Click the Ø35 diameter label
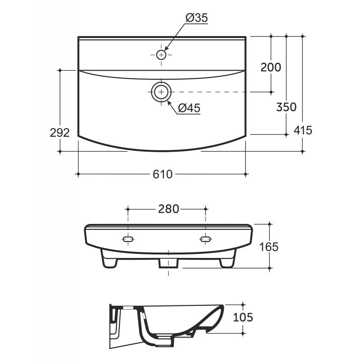click(x=197, y=18)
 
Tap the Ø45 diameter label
click(x=189, y=108)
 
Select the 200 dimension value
click(x=271, y=67)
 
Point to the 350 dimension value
click(x=286, y=107)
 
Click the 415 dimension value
click(x=303, y=130)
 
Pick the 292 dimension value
click(x=60, y=133)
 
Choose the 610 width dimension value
click(x=162, y=174)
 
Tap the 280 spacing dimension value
click(x=168, y=209)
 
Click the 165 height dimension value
click(x=269, y=247)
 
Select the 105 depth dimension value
click(x=243, y=318)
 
